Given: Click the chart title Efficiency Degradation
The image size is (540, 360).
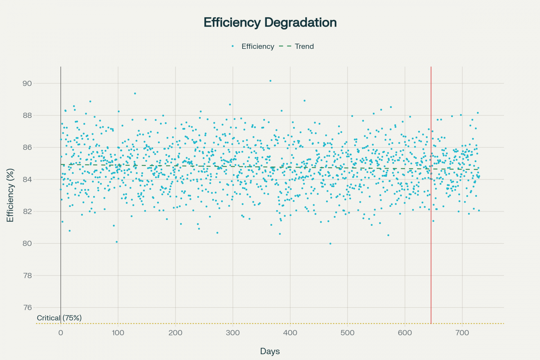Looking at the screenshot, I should (x=270, y=22).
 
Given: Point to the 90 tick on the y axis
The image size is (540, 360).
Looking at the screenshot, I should (x=27, y=83).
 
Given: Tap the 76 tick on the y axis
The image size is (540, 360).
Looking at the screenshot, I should (x=27, y=307).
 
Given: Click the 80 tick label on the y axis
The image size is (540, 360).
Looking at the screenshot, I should (x=27, y=243).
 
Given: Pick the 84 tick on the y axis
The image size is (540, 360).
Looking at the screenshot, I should (x=27, y=179).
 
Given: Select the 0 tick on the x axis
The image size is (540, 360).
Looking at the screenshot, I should (x=61, y=333).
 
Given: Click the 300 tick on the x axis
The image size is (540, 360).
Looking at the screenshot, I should (x=233, y=333).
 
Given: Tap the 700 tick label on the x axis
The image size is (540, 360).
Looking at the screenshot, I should (x=462, y=333).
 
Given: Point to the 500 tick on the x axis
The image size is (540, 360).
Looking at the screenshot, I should (x=348, y=333).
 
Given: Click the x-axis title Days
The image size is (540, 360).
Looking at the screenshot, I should (x=270, y=351).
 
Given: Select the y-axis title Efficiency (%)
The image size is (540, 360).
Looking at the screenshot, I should (x=10, y=195).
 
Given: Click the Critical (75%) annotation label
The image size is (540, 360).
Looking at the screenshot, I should (x=59, y=318).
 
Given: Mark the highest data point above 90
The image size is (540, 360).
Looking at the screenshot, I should (x=270, y=81).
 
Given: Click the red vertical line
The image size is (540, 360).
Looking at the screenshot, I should (x=431, y=194).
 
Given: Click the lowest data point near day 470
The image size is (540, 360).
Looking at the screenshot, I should (x=330, y=244).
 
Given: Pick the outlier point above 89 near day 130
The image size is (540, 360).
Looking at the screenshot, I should (x=135, y=93).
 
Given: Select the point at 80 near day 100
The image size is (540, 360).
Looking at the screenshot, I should (x=117, y=242).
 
